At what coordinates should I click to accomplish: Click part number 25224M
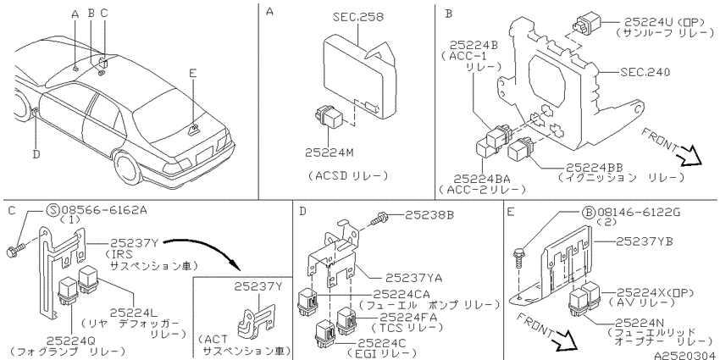[330, 153]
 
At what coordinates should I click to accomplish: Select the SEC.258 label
[357, 18]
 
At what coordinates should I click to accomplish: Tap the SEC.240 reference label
[645, 72]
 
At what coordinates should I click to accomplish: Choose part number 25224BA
[482, 179]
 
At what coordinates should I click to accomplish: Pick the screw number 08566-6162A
[102, 210]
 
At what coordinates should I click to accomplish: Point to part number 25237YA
[413, 277]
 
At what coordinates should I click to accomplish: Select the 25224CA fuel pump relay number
[402, 294]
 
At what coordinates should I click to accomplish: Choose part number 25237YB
[644, 241]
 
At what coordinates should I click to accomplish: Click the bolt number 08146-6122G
[639, 212]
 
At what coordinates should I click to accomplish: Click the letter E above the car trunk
[193, 73]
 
